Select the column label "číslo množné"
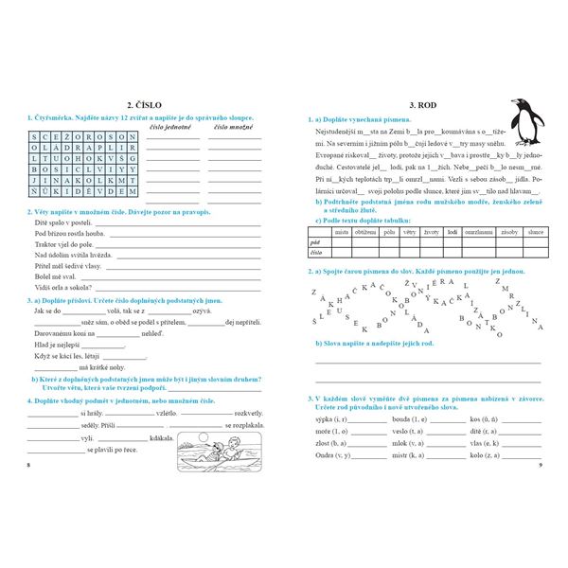pos(233,125)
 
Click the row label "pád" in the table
pos(315,242)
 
